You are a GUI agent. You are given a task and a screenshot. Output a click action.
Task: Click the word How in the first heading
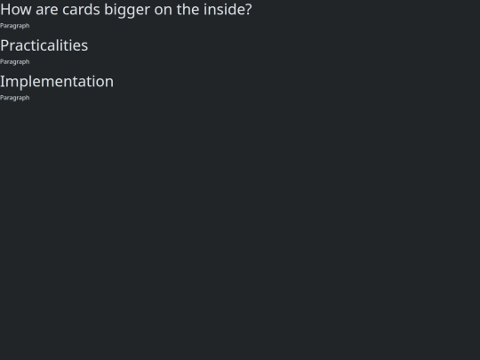tap(16, 10)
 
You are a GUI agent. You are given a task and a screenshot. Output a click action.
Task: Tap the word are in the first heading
tap(47, 10)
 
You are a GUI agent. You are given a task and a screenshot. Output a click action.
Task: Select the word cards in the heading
tap(81, 10)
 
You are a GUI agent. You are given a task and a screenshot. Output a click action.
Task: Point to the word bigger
tap(127, 11)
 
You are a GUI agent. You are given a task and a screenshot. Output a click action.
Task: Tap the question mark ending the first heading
tap(249, 10)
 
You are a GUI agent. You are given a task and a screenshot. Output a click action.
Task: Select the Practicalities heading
tap(44, 45)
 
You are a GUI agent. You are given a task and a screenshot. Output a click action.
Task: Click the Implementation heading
tap(57, 82)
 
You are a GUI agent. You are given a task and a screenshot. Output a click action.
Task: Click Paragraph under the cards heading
tap(15, 26)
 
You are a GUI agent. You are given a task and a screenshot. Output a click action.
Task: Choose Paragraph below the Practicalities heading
tap(15, 62)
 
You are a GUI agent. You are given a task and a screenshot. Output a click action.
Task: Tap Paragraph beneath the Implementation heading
tap(15, 98)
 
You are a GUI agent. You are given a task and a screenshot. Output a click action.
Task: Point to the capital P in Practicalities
tap(5, 45)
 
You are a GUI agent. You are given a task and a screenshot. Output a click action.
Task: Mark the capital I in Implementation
tap(3, 82)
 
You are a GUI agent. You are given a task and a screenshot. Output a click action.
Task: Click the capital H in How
tap(6, 10)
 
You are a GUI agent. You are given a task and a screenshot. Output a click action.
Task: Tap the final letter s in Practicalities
tap(84, 47)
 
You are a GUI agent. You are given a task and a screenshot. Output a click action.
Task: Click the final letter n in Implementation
tap(109, 84)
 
